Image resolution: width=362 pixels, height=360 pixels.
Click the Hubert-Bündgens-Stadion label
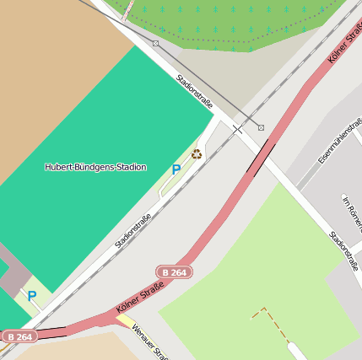click(95, 167)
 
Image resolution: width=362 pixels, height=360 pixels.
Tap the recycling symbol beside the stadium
click(197, 153)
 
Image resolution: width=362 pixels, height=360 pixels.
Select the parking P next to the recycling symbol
click(176, 169)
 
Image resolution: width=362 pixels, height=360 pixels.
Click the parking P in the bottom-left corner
click(31, 296)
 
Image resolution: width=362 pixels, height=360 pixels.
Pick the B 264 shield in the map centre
click(174, 271)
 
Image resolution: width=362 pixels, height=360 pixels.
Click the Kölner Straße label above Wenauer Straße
click(139, 303)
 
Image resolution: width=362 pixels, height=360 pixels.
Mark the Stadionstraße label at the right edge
click(343, 250)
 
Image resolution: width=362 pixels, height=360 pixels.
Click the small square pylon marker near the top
click(156, 43)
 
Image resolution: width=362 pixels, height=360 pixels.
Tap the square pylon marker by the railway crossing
click(261, 127)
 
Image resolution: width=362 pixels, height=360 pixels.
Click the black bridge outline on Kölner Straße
click(261, 158)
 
